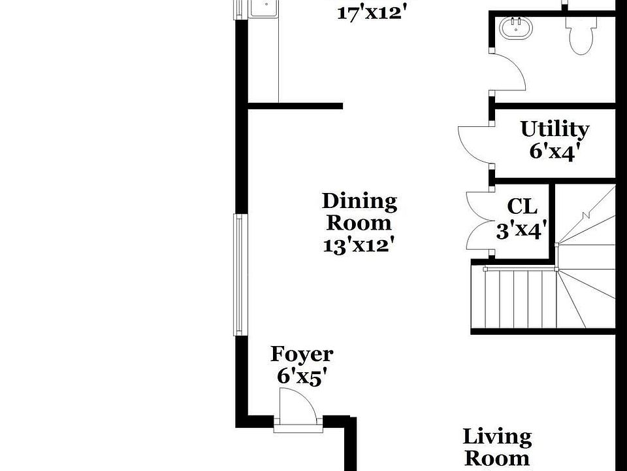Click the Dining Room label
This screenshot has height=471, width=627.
(x=359, y=211)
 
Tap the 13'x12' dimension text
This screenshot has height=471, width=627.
(x=359, y=246)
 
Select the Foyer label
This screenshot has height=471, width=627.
(x=301, y=355)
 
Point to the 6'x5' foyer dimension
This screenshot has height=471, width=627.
(x=301, y=377)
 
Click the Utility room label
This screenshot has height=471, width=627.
(x=555, y=129)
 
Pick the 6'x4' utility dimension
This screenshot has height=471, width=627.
(x=555, y=151)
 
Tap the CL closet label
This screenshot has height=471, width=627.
(x=522, y=207)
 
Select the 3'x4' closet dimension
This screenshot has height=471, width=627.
(x=521, y=230)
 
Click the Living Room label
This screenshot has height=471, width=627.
(x=497, y=447)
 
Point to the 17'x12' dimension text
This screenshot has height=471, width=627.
(x=372, y=12)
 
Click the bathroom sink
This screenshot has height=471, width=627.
(x=516, y=28)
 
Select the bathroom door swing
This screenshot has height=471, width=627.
(x=509, y=71)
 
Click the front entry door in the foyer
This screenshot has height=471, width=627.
(x=297, y=406)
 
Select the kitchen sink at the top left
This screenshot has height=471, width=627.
(x=265, y=7)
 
